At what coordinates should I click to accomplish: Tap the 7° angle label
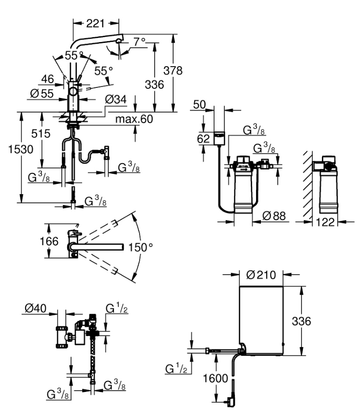(x=140, y=42)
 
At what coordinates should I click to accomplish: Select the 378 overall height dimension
(x=173, y=70)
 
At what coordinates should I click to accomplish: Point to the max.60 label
(x=134, y=119)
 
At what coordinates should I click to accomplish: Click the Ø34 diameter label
(x=116, y=100)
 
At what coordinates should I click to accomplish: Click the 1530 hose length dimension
(x=12, y=150)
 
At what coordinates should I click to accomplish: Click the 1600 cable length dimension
(x=216, y=378)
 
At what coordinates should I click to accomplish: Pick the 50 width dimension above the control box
(x=199, y=104)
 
